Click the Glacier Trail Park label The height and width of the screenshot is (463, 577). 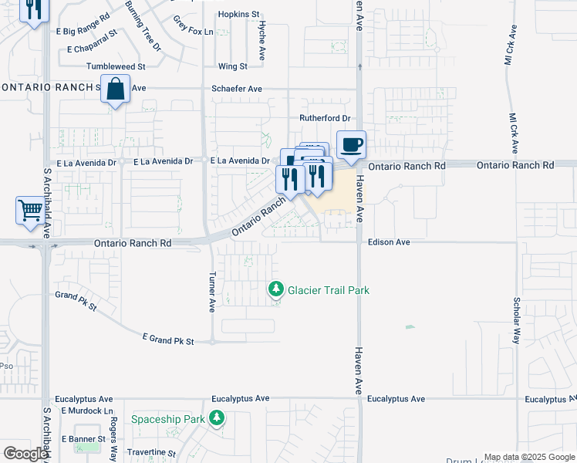329,290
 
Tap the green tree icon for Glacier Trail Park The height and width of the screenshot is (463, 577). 275,290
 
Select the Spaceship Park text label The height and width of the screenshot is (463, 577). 167,419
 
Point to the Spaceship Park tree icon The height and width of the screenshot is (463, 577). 218,418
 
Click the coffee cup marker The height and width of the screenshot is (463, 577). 351,144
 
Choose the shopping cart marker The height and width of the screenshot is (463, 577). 30,209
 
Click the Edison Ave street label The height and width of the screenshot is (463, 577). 389,242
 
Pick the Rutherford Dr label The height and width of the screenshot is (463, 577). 325,119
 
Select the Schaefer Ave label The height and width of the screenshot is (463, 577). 237,89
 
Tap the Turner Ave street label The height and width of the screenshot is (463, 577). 211,292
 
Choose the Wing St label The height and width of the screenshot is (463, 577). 232,67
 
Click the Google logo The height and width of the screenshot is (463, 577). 25,454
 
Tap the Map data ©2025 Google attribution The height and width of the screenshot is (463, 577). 529,458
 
